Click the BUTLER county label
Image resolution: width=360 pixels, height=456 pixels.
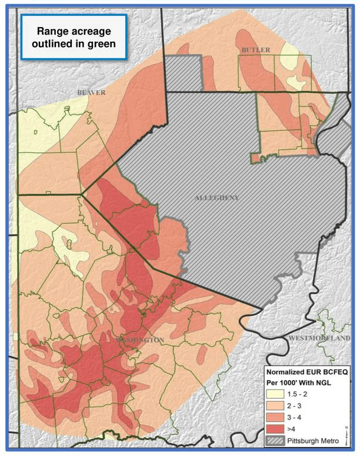pyautogui.click(x=256, y=51)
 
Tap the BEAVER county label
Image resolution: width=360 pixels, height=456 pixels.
pyautogui.click(x=91, y=93)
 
